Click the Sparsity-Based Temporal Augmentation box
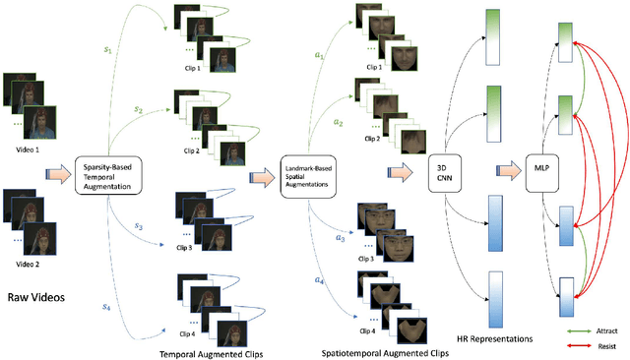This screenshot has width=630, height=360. tap(107, 170)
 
